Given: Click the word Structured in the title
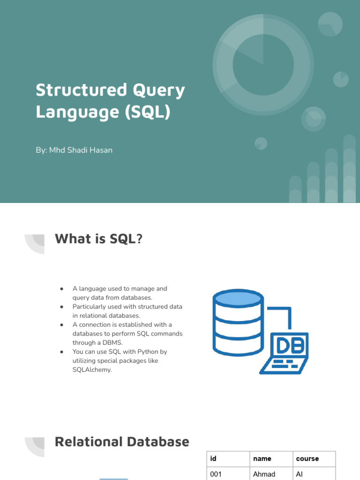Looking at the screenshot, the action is [82, 90].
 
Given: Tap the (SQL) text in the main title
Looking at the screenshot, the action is [148, 112].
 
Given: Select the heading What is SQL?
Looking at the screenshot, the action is [98, 239].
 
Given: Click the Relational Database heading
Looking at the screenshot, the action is [122, 442].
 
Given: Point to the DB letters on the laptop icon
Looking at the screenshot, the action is [291, 345].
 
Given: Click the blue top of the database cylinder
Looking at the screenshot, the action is [238, 298].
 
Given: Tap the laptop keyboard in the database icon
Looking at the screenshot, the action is [284, 366].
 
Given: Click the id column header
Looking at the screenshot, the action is [213, 458].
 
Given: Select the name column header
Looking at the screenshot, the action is [262, 458].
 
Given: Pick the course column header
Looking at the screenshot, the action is [307, 458].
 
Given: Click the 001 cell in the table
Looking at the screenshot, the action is [216, 474].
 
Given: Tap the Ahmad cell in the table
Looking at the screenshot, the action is [264, 474].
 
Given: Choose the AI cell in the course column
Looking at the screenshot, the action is [300, 474].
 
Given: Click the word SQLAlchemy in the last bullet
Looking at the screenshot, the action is [92, 370].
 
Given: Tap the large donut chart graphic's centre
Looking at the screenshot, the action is [263, 65].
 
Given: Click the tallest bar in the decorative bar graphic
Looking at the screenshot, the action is [349, 169].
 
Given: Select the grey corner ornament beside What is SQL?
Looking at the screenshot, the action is [35, 244].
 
